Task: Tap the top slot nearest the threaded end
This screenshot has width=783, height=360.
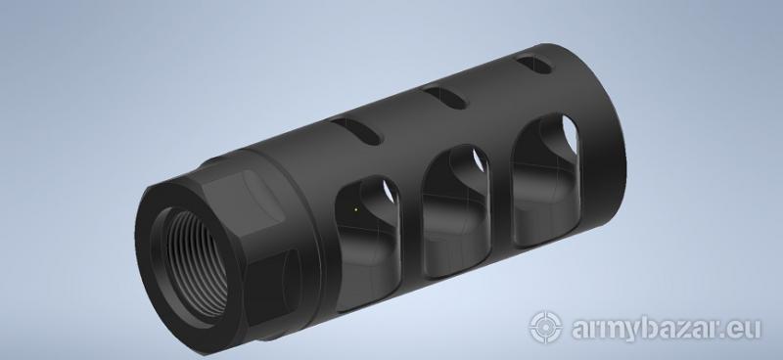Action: coord(356,131)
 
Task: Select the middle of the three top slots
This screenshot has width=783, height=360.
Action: coord(445,98)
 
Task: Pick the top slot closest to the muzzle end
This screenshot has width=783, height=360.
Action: coord(533,65)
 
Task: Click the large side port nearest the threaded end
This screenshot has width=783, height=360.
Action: coord(368,244)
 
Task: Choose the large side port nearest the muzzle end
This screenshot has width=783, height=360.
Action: coord(546,180)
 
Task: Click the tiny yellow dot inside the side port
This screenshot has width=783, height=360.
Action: coord(355,209)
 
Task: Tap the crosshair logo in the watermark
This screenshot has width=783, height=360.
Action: coord(545,328)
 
